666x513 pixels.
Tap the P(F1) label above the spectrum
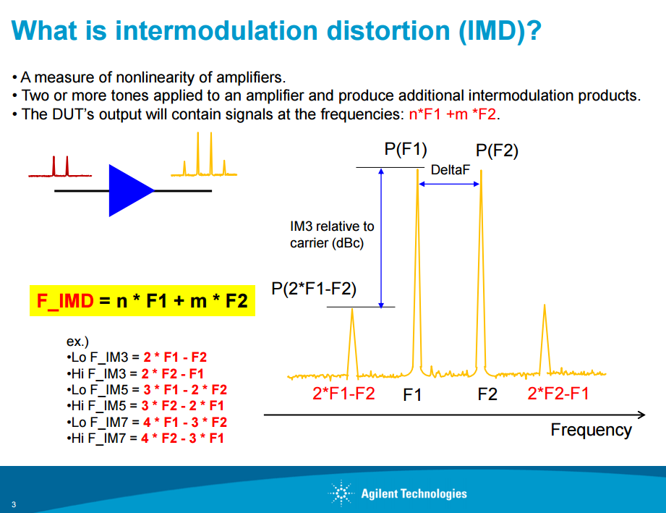pyautogui.click(x=406, y=149)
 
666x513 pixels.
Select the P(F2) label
pyautogui.click(x=497, y=150)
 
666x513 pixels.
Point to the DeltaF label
pyautogui.click(x=451, y=170)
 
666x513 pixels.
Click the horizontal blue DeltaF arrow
pyautogui.click(x=449, y=184)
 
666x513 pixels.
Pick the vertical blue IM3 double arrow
pyautogui.click(x=381, y=238)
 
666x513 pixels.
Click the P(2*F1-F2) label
pyautogui.click(x=314, y=289)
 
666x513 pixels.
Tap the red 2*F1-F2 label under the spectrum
pyautogui.click(x=343, y=393)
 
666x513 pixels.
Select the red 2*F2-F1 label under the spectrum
pyautogui.click(x=558, y=393)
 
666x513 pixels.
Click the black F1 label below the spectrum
pyautogui.click(x=412, y=395)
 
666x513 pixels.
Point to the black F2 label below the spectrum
pyautogui.click(x=487, y=394)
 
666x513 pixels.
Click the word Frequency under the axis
pyautogui.click(x=592, y=430)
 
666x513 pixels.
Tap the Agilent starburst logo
pyautogui.click(x=341, y=493)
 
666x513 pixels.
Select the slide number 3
pyautogui.click(x=14, y=504)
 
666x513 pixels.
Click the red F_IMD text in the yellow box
pyautogui.click(x=65, y=300)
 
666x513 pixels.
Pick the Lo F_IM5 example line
pyautogui.click(x=147, y=390)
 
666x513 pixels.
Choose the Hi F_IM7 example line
pyautogui.click(x=145, y=438)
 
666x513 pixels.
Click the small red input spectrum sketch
pyautogui.click(x=60, y=166)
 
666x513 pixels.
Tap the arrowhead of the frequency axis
pyautogui.click(x=642, y=415)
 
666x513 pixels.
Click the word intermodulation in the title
pyautogui.click(x=217, y=30)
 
